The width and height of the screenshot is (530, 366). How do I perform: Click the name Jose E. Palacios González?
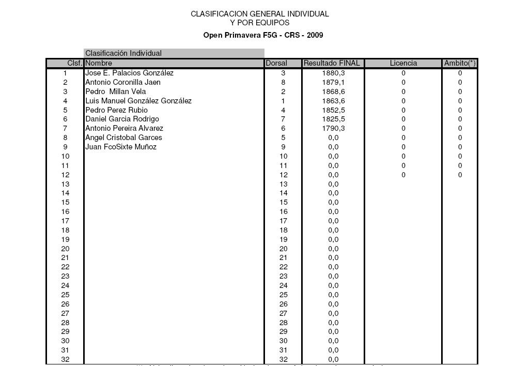129,73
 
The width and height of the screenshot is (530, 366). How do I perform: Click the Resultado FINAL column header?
333,63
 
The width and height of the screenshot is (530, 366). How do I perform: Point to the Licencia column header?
403,63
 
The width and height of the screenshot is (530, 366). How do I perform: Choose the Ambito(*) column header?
460,63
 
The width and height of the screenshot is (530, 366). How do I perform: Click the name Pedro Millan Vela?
116,91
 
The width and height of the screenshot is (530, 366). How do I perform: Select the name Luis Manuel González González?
138,101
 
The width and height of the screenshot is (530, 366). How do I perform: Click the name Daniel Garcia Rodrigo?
122,119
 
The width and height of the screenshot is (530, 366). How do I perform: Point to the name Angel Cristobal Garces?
123,138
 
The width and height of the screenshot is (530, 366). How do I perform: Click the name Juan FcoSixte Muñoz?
121,147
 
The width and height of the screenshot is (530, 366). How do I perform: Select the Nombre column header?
99,63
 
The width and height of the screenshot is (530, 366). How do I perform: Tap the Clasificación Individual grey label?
123,53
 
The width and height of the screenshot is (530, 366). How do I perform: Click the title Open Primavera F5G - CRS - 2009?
264,35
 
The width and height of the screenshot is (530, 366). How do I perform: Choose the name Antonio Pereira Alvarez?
124,128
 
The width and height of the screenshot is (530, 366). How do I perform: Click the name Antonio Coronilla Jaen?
123,82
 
